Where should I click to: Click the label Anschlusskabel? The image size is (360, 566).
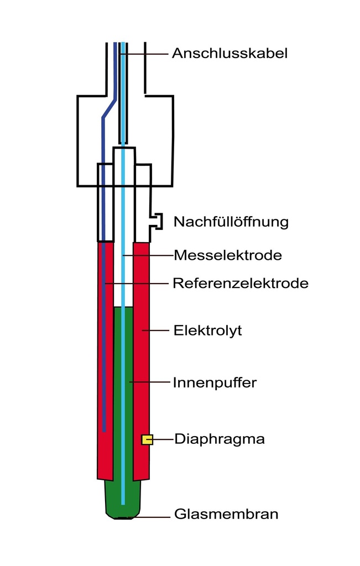pyautogui.click(x=229, y=54)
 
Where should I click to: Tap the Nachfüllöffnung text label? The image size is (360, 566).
pyautogui.click(x=231, y=222)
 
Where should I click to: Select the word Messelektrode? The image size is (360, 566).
pyautogui.click(x=228, y=255)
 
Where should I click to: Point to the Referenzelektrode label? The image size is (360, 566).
pyautogui.click(x=241, y=284)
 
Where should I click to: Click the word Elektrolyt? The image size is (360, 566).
pyautogui.click(x=208, y=331)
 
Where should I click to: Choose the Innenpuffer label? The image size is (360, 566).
pyautogui.click(x=215, y=382)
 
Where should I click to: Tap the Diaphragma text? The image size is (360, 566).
pyautogui.click(x=220, y=439)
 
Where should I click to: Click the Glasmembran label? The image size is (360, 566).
pyautogui.click(x=226, y=515)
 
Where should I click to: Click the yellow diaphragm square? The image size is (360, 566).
pyautogui.click(x=147, y=439)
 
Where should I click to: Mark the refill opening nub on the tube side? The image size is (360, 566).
pyautogui.click(x=157, y=222)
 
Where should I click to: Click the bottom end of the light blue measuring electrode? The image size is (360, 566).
pyautogui.click(x=123, y=502)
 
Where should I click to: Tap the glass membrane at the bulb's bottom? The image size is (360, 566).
pyautogui.click(x=123, y=517)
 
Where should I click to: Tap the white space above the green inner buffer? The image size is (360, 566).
pyautogui.click(x=123, y=276)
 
